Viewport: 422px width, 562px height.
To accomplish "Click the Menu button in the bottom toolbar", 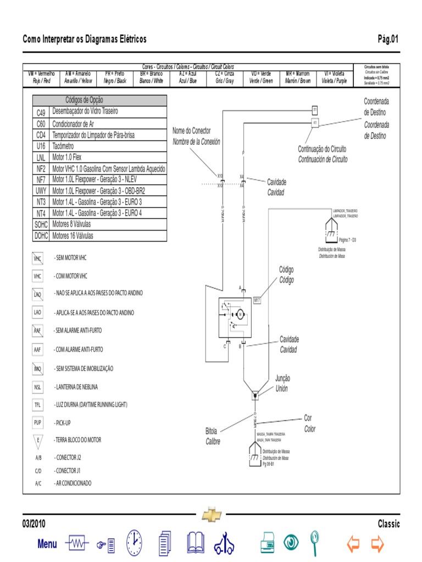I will (47, 544).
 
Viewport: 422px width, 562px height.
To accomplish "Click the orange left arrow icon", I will (353, 544).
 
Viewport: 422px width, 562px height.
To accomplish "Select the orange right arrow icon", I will (377, 544).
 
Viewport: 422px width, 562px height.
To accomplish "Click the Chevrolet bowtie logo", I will (212, 515).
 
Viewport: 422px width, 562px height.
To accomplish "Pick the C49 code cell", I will (41, 112).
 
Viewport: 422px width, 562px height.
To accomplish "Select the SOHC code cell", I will (41, 224).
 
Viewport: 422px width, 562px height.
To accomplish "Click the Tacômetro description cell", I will (108, 146).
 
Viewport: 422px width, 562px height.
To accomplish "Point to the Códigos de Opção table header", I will (99, 100).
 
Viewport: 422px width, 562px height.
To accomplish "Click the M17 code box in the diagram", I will (257, 300).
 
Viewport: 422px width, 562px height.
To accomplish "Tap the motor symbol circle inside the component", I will (240, 314).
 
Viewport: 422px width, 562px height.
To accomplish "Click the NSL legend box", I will (38, 387).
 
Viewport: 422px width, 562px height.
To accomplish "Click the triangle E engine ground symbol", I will (38, 440).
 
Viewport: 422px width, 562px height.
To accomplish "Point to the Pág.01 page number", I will (387, 39).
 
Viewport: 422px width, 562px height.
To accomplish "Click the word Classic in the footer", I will (389, 524).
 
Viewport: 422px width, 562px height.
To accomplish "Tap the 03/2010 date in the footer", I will (34, 524).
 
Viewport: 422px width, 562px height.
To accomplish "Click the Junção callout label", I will (282, 379).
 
